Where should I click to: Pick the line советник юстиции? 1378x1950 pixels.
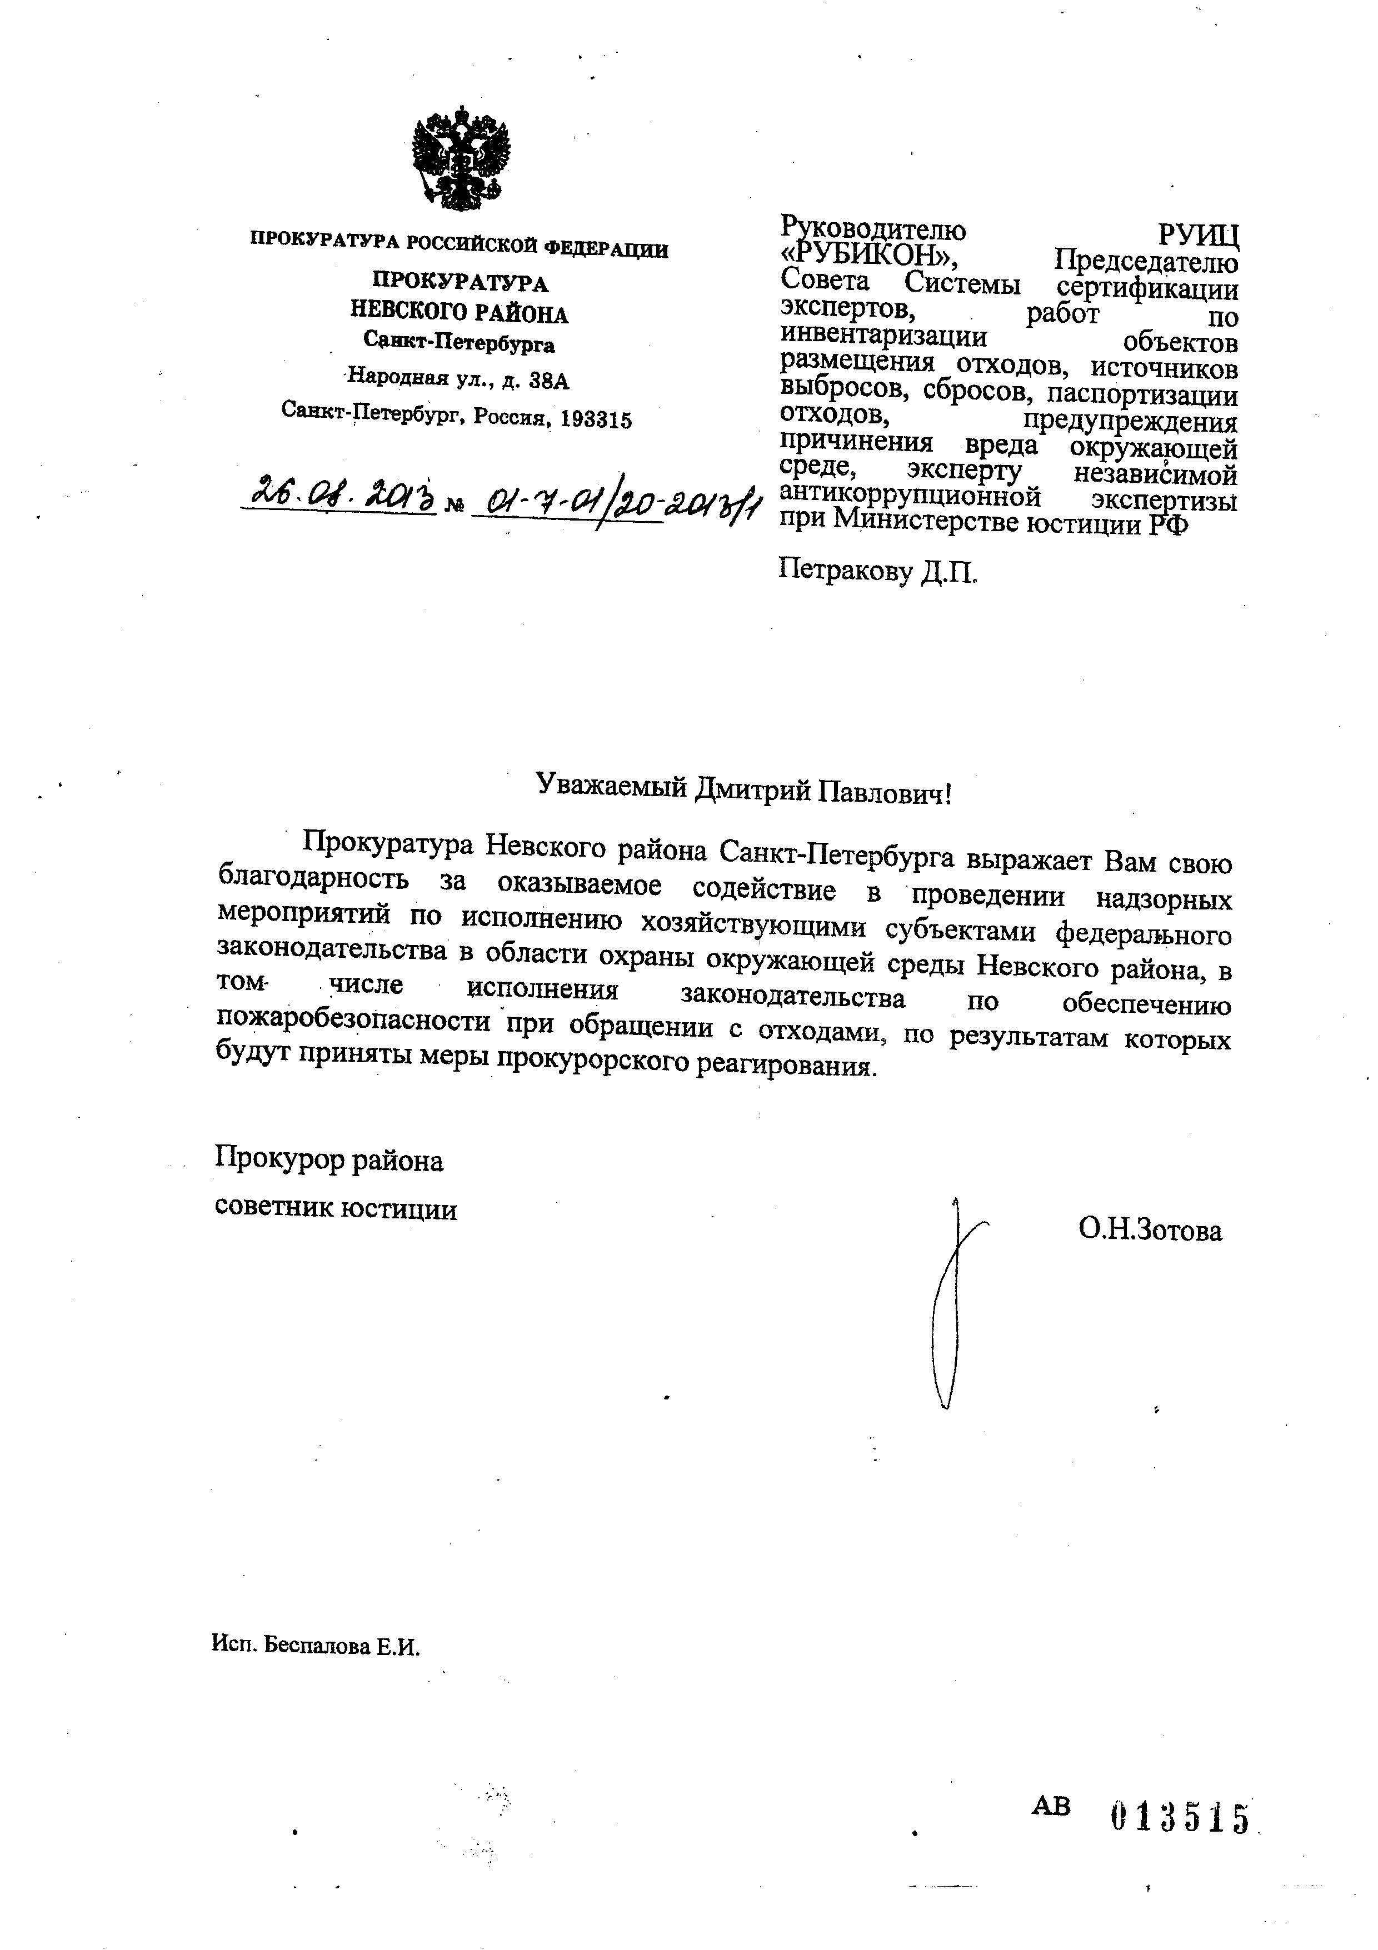click(x=336, y=1208)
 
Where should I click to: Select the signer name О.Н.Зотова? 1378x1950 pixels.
click(x=1150, y=1230)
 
